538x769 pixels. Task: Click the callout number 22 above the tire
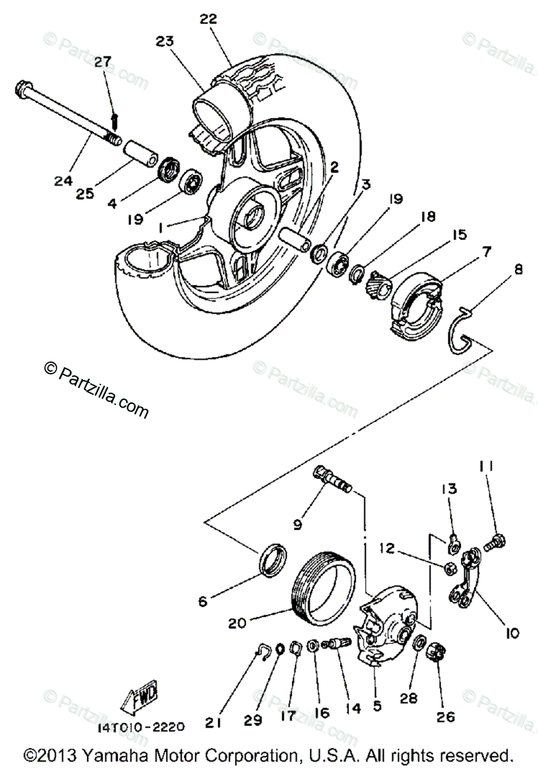(x=209, y=19)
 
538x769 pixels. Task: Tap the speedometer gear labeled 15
(x=379, y=282)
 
